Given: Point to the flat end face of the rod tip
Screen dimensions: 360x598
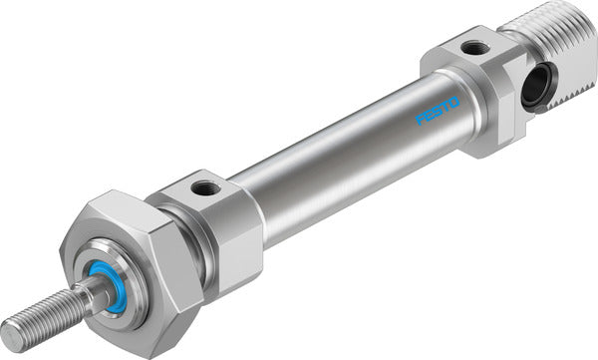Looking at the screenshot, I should pyautogui.click(x=11, y=334).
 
